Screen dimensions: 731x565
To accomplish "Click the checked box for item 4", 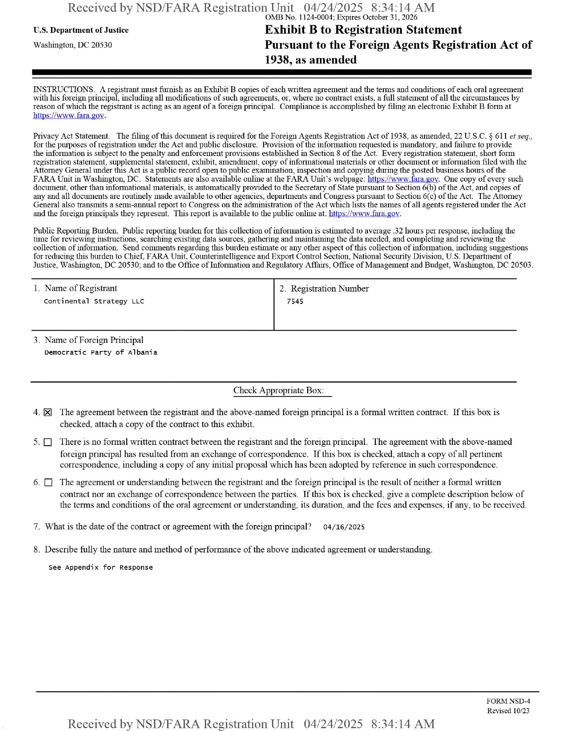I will click(x=48, y=412).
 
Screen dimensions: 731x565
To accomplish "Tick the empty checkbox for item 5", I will click(x=48, y=442).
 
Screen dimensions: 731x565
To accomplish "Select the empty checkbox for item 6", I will click(x=48, y=482).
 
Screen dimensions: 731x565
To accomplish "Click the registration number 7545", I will click(x=295, y=302).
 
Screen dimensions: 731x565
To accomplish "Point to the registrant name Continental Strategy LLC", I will click(x=94, y=301).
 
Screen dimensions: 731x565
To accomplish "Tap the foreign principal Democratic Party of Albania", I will click(x=101, y=353).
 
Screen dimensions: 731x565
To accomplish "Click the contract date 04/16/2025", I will click(x=344, y=527).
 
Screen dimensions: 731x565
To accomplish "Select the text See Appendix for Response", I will click(x=101, y=568).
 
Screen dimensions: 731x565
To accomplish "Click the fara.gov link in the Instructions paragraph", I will click(x=69, y=116).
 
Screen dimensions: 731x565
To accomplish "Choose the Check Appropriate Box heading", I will click(x=278, y=390).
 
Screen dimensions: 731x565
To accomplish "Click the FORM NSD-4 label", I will click(x=508, y=701).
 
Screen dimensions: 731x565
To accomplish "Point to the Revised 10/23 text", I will click(x=508, y=711).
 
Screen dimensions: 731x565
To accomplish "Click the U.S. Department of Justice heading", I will click(x=81, y=30).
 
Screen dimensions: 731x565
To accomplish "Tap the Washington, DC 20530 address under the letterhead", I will click(x=73, y=45).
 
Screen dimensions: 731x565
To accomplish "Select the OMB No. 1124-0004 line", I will click(x=341, y=17).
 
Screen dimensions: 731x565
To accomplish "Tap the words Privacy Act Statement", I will click(x=71, y=136).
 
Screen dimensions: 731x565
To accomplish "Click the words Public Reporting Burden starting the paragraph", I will click(x=75, y=231).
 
